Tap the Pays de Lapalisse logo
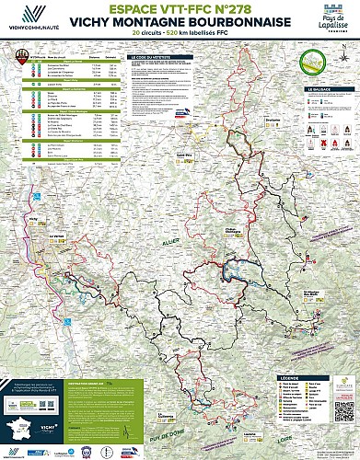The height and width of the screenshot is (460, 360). pos(328,20)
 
